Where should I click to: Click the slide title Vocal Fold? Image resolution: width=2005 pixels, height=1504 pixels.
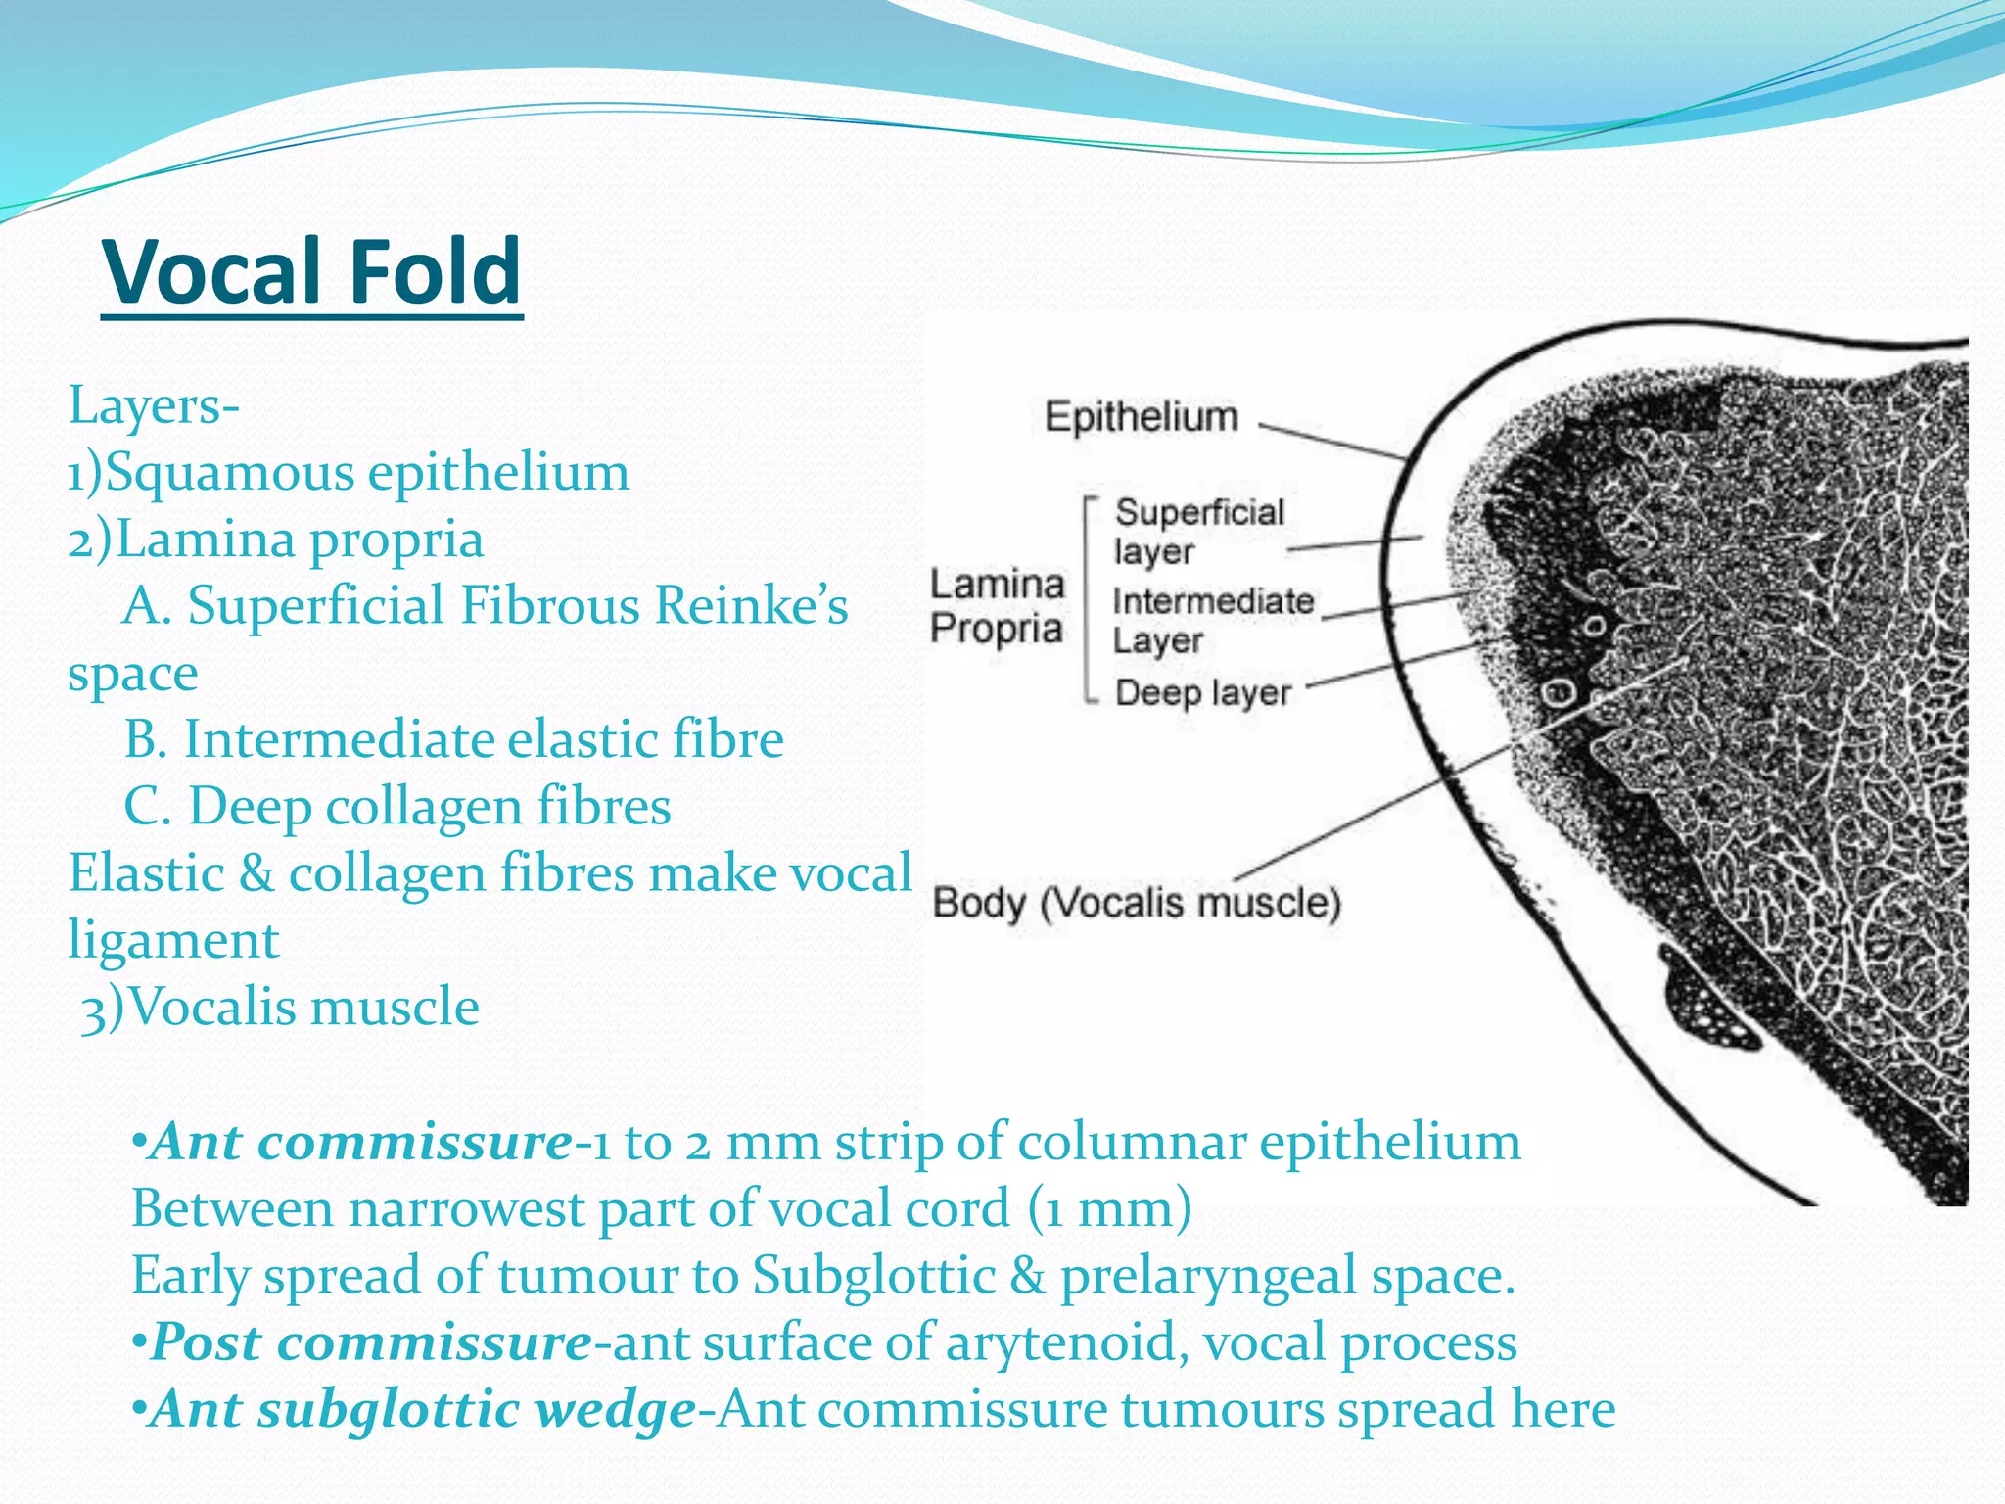pyautogui.click(x=311, y=271)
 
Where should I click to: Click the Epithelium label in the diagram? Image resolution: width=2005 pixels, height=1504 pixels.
pyautogui.click(x=1141, y=417)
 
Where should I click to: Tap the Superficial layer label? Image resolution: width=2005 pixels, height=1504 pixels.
pyautogui.click(x=1198, y=532)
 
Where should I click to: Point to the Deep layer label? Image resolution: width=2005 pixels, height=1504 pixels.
pyautogui.click(x=1202, y=693)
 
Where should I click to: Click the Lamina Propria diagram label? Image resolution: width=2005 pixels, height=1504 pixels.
pyautogui.click(x=997, y=606)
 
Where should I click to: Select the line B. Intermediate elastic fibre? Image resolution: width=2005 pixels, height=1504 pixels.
pyautogui.click(x=453, y=739)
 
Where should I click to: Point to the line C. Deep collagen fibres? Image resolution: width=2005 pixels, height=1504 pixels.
pyautogui.click(x=396, y=807)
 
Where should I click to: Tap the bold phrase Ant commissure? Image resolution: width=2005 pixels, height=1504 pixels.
pyautogui.click(x=360, y=1142)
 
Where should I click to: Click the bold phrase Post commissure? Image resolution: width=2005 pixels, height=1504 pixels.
pyautogui.click(x=370, y=1342)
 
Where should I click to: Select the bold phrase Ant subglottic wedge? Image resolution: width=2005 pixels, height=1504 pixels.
pyautogui.click(x=423, y=1410)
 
